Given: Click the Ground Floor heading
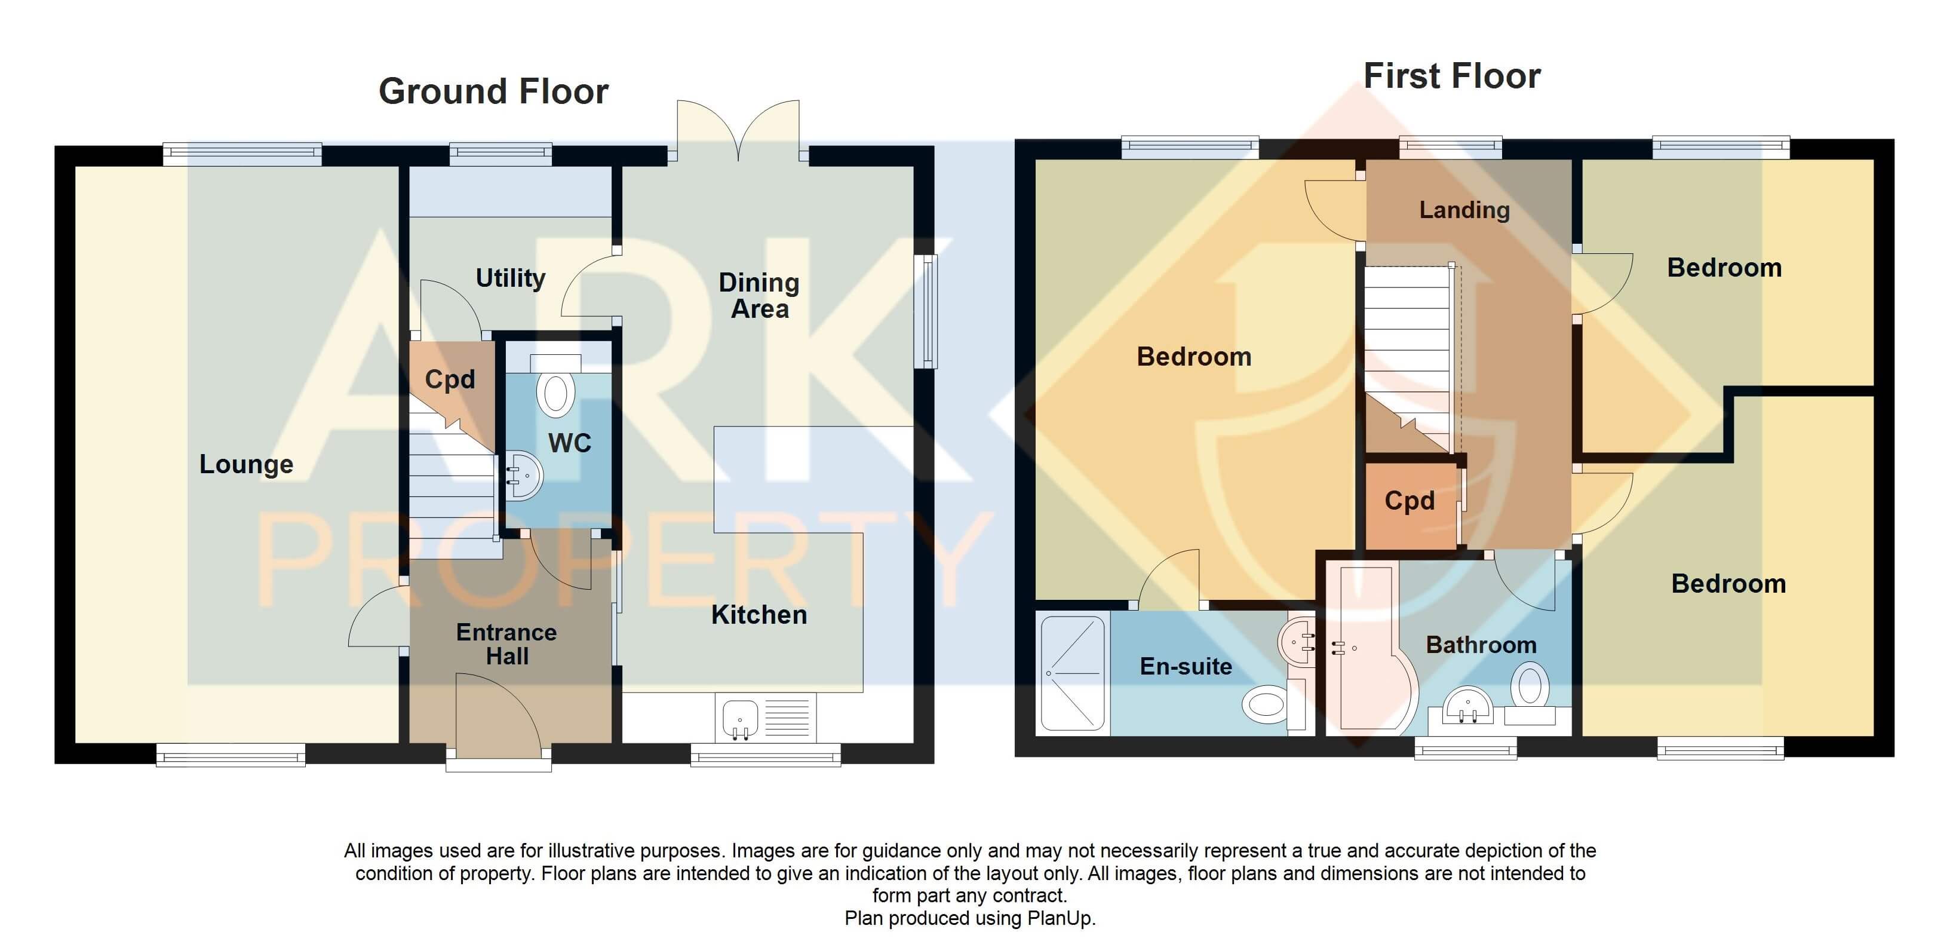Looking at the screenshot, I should [x=493, y=92].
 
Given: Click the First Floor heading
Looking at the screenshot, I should [x=1451, y=76].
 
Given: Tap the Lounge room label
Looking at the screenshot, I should [x=246, y=464].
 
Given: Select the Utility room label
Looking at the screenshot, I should [x=510, y=278].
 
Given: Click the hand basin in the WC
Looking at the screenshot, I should [x=524, y=476].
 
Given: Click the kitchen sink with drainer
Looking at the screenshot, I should [x=766, y=718].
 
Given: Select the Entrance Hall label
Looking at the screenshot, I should [x=506, y=644].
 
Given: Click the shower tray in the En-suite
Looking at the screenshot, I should [x=1072, y=673].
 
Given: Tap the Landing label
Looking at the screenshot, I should [x=1464, y=210].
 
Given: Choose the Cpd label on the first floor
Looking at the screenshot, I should [x=1410, y=501].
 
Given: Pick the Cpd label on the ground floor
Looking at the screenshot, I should [x=450, y=379].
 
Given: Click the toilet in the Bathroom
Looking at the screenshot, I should [x=1530, y=686].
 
